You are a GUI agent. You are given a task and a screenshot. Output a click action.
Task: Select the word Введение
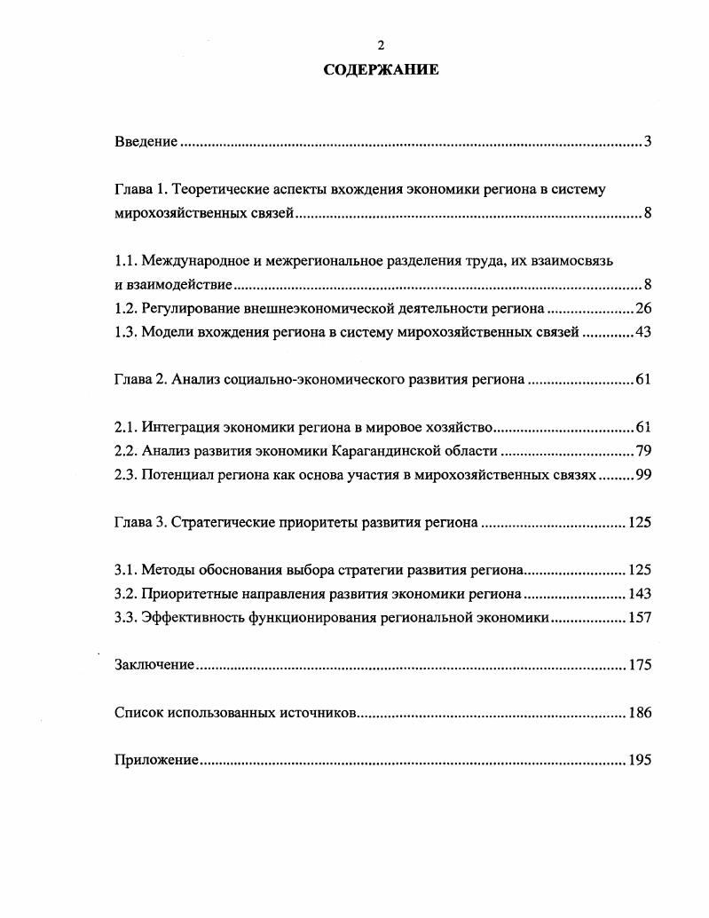[x=147, y=142]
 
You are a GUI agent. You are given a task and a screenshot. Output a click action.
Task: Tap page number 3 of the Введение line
[x=649, y=142]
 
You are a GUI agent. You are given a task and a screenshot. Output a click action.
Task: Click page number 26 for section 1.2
[x=644, y=308]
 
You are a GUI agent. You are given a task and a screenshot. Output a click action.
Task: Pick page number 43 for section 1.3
[x=644, y=332]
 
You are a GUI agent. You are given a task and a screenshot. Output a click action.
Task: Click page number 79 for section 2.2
[x=644, y=451]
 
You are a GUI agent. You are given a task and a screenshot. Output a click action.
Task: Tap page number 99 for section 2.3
[x=644, y=475]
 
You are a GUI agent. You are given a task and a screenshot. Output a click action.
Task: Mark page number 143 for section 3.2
[x=640, y=594]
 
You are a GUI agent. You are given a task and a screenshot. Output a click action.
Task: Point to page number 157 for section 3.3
[x=640, y=618]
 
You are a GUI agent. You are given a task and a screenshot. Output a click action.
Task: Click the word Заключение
[x=154, y=665]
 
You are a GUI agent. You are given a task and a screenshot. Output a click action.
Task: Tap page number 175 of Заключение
[x=640, y=665]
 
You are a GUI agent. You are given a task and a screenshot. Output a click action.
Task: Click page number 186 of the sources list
[x=640, y=713]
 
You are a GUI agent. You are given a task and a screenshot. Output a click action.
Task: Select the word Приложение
[x=156, y=760]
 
